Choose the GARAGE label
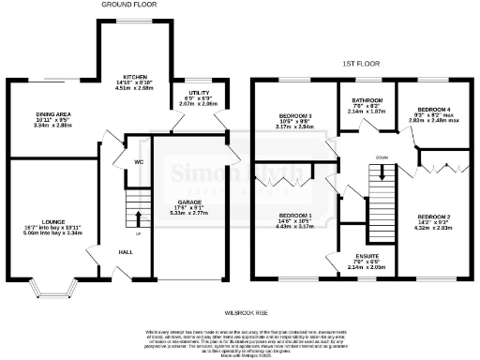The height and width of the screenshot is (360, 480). click(190, 202)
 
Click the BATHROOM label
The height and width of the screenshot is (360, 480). click(367, 99)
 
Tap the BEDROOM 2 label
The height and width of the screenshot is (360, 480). click(434, 217)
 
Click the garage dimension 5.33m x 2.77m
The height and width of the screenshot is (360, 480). click(190, 213)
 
